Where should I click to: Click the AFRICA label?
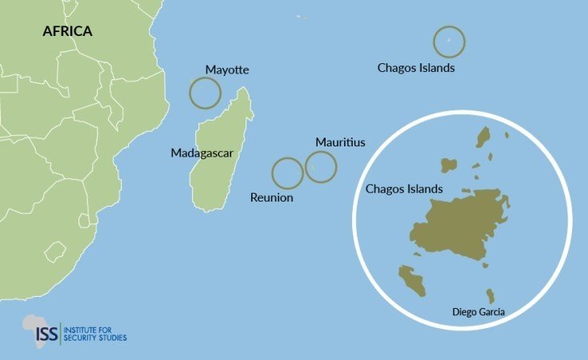tap(68, 31)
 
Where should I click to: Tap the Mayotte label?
tap(227, 70)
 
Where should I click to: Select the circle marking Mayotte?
tap(205, 93)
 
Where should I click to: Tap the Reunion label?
tap(272, 198)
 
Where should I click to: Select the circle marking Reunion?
tap(287, 173)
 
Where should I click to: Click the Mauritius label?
tap(340, 142)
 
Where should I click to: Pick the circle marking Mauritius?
tap(321, 166)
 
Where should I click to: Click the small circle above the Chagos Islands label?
tap(449, 41)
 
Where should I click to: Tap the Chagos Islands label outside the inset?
tap(416, 68)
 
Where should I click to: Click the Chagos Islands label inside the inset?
tap(404, 189)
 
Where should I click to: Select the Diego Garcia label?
tap(478, 310)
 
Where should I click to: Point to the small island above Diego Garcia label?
tap(490, 295)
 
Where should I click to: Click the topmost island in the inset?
tap(483, 137)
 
